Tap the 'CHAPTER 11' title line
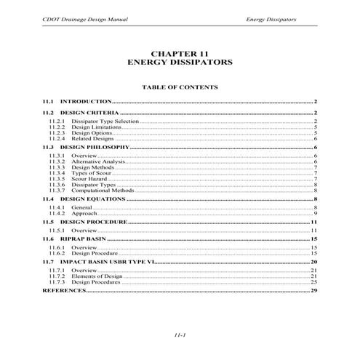[180, 53]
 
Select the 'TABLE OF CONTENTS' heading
[180, 87]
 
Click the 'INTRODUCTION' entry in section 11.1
[85, 101]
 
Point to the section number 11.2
[48, 113]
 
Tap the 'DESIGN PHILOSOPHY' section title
[94, 148]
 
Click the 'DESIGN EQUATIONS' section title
[92, 199]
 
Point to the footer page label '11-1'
[180, 335]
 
